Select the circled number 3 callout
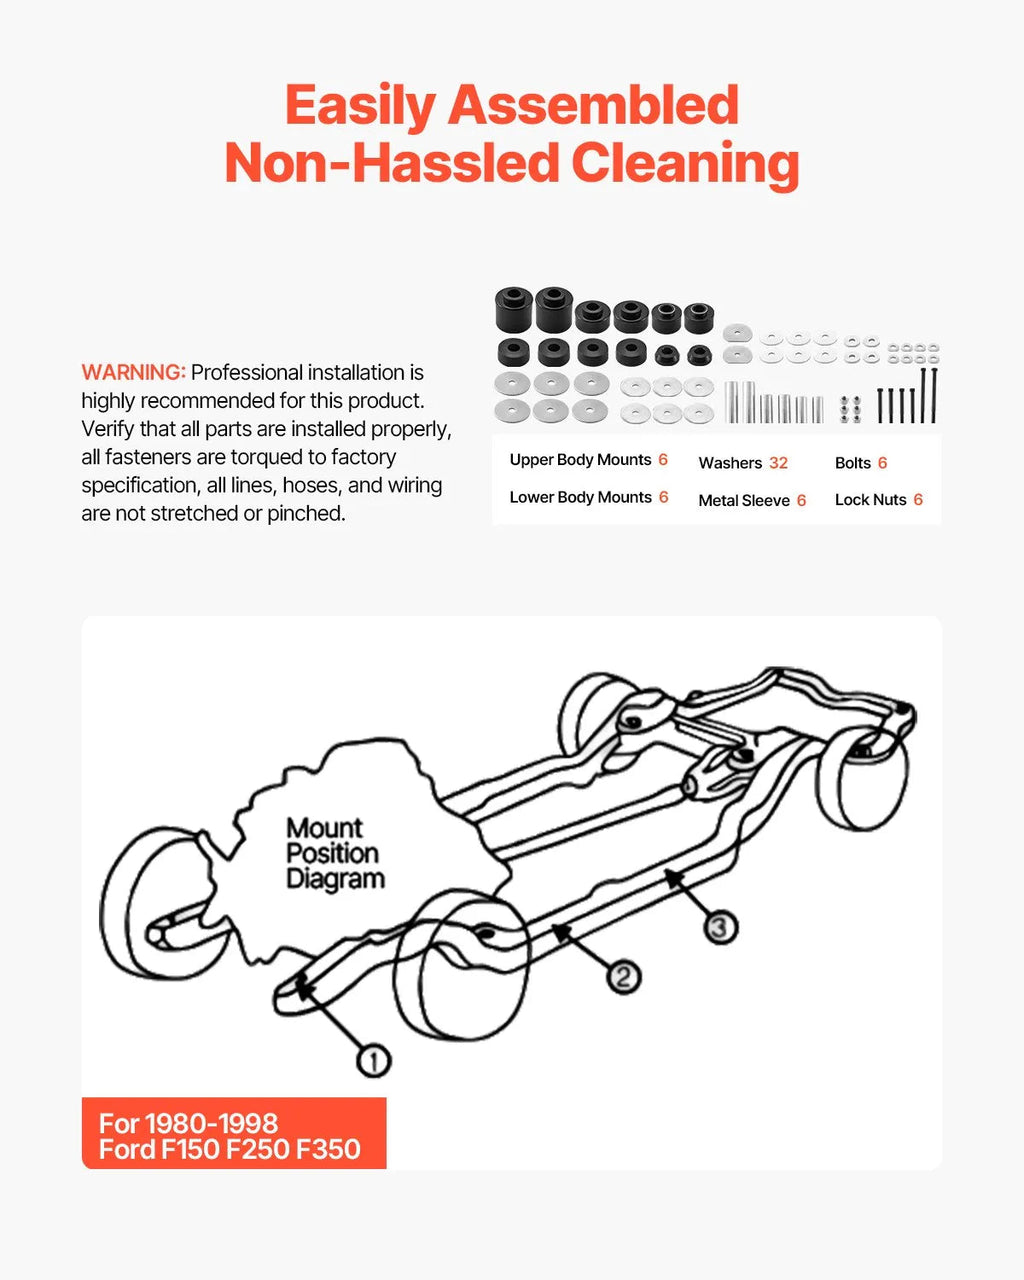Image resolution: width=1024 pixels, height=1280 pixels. click(x=720, y=927)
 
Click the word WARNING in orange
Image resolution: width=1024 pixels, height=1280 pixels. click(x=134, y=372)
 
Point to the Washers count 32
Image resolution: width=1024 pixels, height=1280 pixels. click(x=778, y=463)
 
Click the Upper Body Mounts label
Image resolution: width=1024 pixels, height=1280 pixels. click(x=580, y=460)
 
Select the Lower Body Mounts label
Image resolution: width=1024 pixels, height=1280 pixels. click(x=580, y=497)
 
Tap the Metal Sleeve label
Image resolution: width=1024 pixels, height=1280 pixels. click(x=744, y=501)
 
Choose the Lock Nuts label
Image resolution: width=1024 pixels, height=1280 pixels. click(x=870, y=500)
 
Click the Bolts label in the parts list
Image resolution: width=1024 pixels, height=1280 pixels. click(x=853, y=463)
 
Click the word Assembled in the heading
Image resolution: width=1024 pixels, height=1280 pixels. click(x=593, y=105)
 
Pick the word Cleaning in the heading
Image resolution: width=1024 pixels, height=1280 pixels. click(x=685, y=164)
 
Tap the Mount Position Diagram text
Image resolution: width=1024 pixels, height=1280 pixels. click(x=335, y=854)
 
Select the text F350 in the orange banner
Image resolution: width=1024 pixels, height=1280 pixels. click(x=328, y=1150)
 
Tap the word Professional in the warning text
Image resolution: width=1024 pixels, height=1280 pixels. click(x=247, y=373)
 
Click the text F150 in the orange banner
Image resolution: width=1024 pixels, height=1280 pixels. click(x=193, y=1150)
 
